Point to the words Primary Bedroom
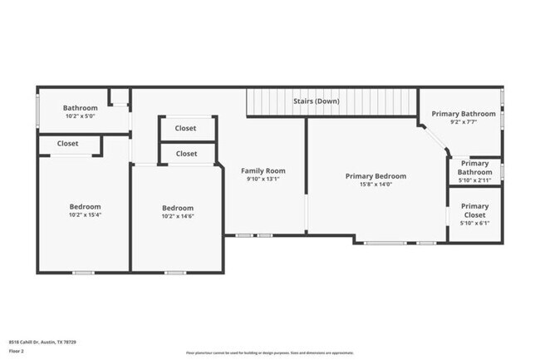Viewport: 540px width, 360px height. [x=376, y=176]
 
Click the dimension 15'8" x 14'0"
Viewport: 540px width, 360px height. [x=376, y=185]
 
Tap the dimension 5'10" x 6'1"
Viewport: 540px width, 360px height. [x=474, y=224]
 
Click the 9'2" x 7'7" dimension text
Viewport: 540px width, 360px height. [x=463, y=123]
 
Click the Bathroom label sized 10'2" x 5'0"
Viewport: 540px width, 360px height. [x=81, y=108]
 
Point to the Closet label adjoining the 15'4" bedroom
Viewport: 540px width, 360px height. [x=68, y=144]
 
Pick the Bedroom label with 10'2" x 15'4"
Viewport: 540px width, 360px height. [x=85, y=207]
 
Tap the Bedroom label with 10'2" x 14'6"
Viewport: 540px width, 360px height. [x=178, y=208]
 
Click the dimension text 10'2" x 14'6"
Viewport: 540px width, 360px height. [x=178, y=217]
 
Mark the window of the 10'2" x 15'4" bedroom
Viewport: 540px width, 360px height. [x=83, y=272]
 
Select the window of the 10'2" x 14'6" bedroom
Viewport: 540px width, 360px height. [x=174, y=272]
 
